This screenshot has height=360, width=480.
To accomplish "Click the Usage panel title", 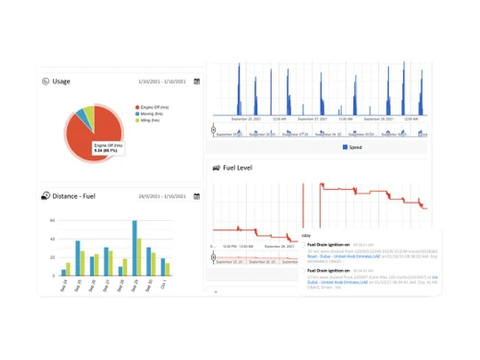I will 61,82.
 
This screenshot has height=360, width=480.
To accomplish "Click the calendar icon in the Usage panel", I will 197,82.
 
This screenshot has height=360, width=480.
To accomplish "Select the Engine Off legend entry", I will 155,107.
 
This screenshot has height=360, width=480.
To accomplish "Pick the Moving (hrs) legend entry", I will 151,113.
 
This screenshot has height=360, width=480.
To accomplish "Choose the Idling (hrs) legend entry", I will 150,120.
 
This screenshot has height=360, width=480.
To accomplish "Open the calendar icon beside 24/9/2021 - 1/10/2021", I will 197,196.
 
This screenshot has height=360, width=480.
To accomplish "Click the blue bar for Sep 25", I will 78,258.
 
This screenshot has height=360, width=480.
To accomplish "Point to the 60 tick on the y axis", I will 53,221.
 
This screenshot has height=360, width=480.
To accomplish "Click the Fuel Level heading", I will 238,168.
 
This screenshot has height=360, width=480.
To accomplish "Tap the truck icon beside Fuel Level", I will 216,168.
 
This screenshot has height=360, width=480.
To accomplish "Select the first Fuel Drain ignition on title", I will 327,244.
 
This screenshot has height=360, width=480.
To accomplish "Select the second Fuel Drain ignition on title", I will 327,271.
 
